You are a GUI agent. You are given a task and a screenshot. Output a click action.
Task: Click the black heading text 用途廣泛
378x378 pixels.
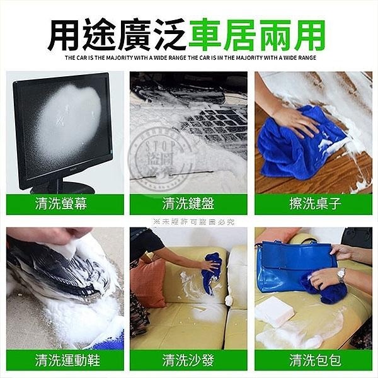pos(117,35)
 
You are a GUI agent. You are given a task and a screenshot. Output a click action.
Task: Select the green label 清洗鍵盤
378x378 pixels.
pos(188,203)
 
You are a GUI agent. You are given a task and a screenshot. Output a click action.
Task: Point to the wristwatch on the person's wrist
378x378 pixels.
pos(341,275)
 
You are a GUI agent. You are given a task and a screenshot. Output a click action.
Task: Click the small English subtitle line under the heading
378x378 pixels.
pos(188,58)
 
